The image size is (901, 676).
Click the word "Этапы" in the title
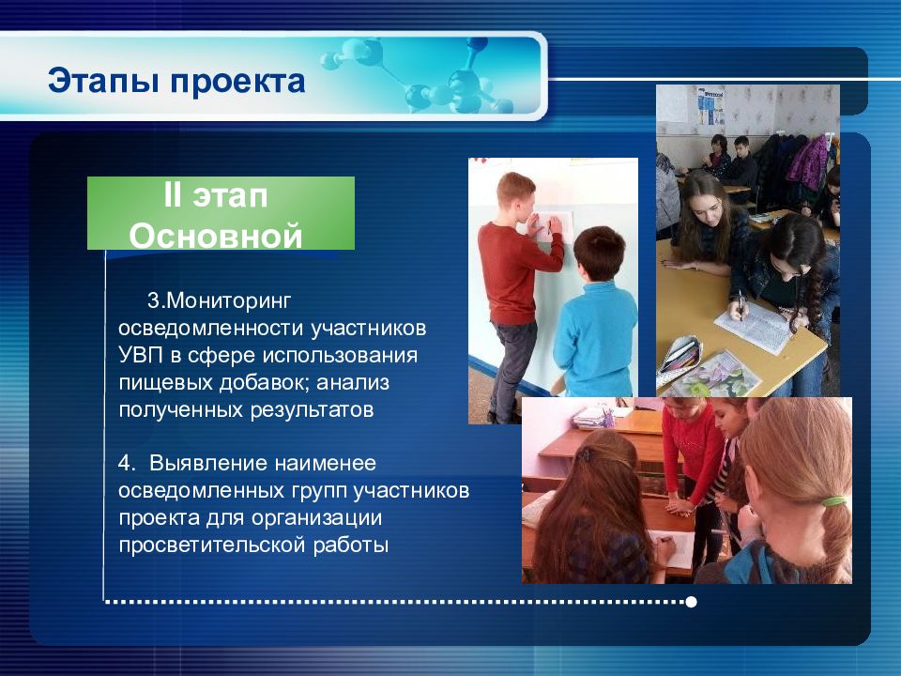103,81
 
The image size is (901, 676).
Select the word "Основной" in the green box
216,235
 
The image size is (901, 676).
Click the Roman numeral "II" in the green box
172,195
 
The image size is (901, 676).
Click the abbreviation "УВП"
141,355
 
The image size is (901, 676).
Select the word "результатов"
312,410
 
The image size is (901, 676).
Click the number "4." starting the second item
127,463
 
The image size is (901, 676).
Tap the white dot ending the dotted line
692,602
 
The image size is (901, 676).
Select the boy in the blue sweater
595,315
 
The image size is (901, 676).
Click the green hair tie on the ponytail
832,501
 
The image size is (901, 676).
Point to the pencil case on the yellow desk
680,359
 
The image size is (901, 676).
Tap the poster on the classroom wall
710,106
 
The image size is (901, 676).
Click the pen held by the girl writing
741,304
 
